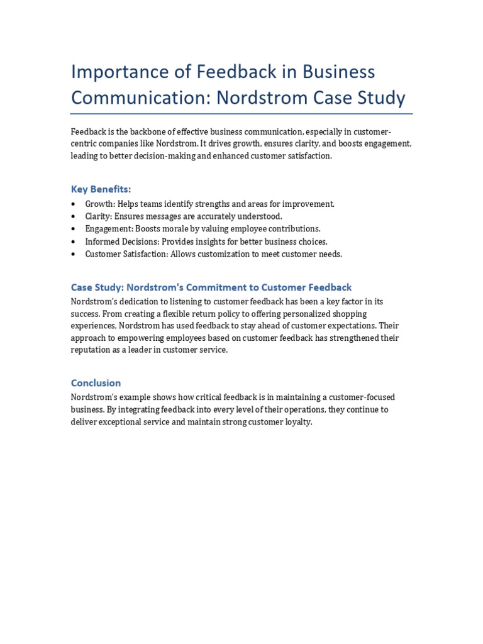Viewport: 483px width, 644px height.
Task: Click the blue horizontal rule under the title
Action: click(241, 114)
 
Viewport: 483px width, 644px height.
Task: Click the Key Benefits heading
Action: click(101, 189)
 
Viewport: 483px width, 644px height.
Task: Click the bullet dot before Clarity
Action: click(74, 216)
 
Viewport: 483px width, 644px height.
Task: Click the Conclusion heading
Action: click(96, 383)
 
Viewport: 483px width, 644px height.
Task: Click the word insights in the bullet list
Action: click(211, 241)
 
